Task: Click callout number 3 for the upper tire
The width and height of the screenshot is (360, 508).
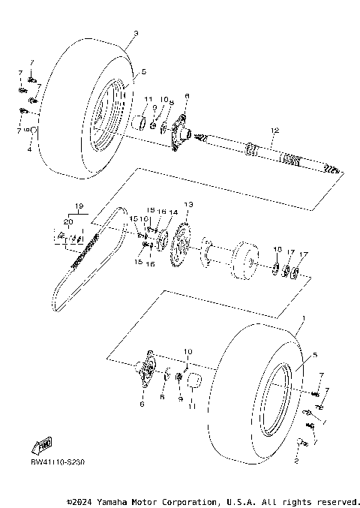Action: click(135, 33)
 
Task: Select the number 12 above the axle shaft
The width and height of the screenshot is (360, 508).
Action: click(274, 131)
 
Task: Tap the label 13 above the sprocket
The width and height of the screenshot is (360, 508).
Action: click(188, 204)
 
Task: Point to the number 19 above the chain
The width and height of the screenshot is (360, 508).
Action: click(77, 206)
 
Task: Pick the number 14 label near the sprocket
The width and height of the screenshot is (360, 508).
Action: click(173, 212)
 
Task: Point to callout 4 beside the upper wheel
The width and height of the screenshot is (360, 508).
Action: click(29, 150)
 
